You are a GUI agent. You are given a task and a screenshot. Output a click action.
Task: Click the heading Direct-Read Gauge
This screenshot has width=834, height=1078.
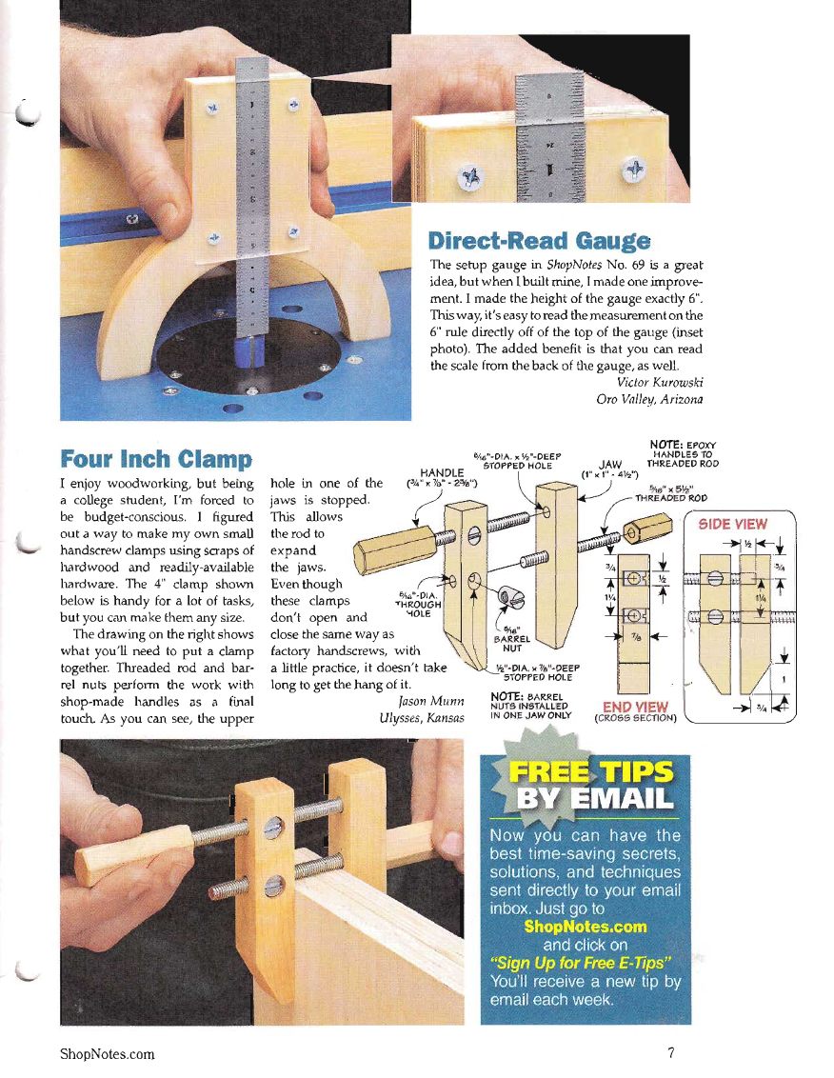(x=538, y=241)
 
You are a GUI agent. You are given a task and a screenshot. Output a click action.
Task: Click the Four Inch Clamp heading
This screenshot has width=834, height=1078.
(x=156, y=459)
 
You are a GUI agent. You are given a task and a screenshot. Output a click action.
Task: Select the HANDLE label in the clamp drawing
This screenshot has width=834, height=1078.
(x=442, y=472)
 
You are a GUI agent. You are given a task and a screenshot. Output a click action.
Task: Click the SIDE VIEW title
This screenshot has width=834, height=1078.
(x=732, y=525)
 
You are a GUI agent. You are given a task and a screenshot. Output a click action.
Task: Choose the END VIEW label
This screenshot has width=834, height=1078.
(x=635, y=707)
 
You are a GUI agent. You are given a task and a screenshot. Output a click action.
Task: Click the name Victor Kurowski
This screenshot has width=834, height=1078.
(x=660, y=382)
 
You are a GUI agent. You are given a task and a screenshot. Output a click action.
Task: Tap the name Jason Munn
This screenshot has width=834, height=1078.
(x=431, y=701)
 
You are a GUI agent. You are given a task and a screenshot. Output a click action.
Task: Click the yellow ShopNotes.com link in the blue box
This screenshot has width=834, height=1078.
(x=586, y=926)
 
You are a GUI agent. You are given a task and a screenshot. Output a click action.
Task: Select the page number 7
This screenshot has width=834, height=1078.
(x=670, y=1052)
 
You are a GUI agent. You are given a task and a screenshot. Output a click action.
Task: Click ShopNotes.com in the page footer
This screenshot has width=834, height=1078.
(x=108, y=1054)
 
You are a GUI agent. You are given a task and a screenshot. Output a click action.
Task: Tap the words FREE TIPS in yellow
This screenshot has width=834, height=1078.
(x=590, y=771)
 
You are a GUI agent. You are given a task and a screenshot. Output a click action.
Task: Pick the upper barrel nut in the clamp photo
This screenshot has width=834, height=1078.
(x=273, y=827)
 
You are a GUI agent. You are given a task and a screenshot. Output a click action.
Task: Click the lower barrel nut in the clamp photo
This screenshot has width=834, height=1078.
(x=274, y=887)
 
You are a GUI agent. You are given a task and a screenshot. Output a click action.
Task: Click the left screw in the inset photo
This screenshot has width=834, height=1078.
(x=471, y=177)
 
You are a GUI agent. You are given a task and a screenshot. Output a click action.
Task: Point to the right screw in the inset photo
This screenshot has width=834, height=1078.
(x=634, y=170)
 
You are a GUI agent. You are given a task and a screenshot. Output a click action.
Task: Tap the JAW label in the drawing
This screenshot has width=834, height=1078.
(x=610, y=465)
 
